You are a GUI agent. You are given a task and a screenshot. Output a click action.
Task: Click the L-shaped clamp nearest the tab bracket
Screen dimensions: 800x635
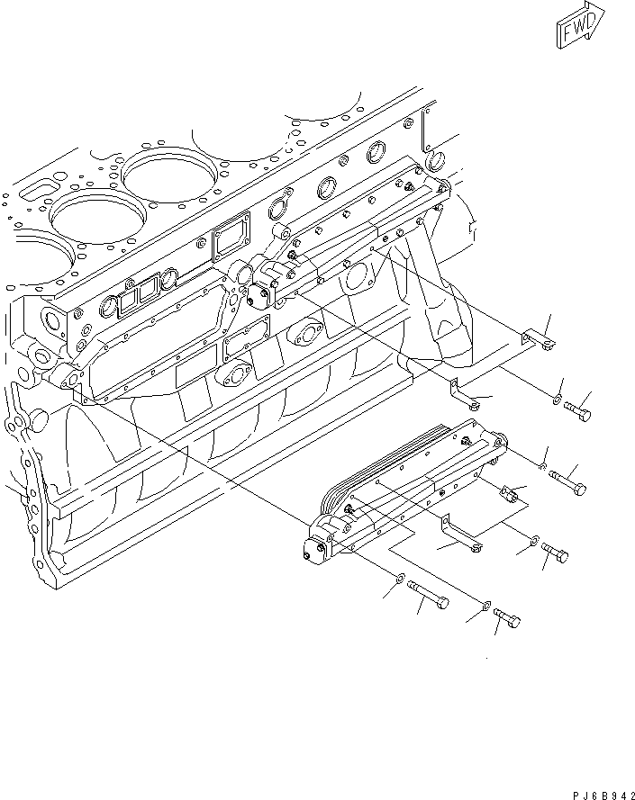coord(464,394)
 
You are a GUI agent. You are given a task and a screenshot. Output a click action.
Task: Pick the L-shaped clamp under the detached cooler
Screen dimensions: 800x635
coord(460,535)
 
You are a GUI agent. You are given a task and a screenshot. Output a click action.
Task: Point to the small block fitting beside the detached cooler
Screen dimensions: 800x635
coord(511,492)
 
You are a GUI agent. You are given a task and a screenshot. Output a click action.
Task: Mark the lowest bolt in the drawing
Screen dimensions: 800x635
coord(508,620)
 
